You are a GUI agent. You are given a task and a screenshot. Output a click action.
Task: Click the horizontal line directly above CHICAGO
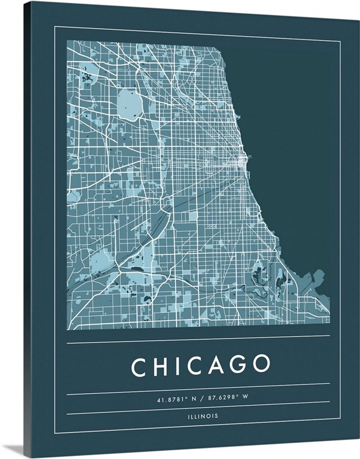[x=198, y=343]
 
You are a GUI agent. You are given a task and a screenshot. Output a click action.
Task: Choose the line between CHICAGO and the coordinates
[x=198, y=384]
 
